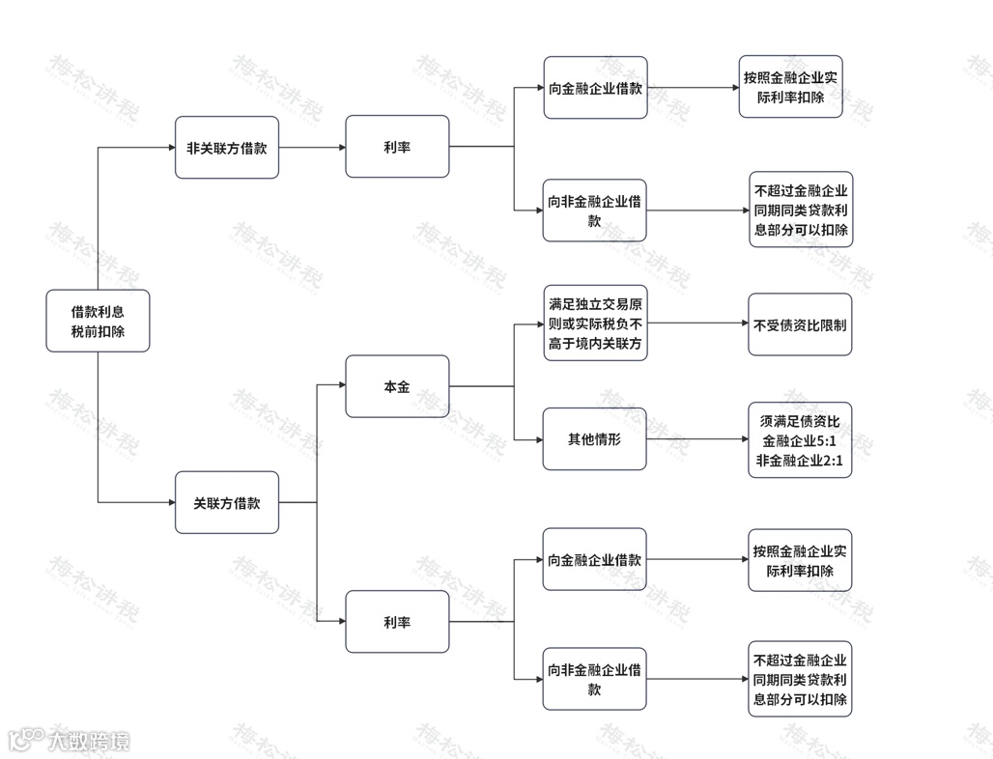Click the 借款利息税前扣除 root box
98,321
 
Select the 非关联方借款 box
226,147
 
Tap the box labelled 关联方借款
226,502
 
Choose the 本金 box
396,386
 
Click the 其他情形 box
594,439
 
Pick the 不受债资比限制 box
800,324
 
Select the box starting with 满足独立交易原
594,324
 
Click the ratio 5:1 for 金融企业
827,441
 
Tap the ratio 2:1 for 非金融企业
831,461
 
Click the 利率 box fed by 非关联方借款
396,147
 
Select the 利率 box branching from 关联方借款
396,622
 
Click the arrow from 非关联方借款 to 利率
311,148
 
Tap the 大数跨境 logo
68,741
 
